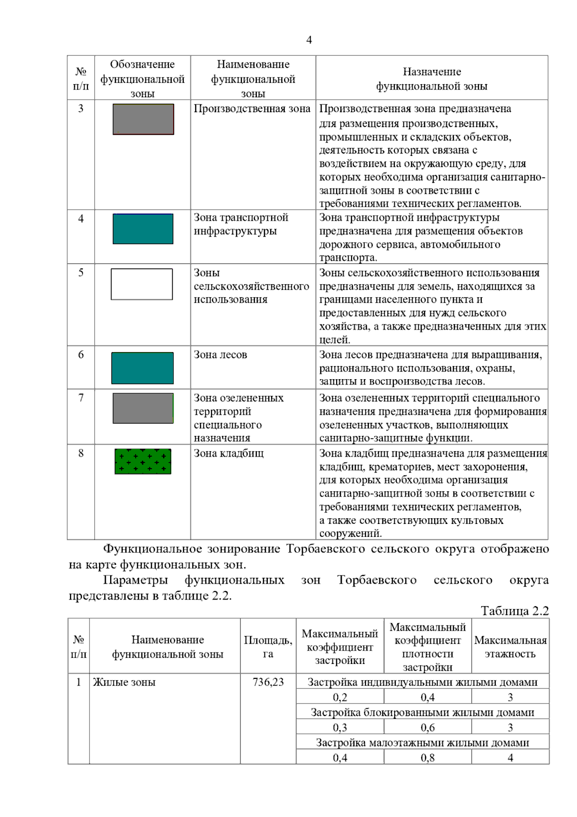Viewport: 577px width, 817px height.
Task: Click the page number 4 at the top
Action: coord(309,40)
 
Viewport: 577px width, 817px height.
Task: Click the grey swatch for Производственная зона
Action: coord(143,119)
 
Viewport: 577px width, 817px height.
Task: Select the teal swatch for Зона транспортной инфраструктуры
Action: coord(143,229)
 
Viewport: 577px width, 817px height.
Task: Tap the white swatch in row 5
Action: coord(142,284)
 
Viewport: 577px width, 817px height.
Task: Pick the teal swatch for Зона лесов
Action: coord(142,368)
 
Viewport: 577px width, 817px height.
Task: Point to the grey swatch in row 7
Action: coord(143,408)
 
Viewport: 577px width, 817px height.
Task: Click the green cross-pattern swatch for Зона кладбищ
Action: coord(143,461)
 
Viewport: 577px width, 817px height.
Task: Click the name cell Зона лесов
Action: coord(220,355)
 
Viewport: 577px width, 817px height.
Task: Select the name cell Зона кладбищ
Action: coord(228,453)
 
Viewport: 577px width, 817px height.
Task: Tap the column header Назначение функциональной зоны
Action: coord(431,79)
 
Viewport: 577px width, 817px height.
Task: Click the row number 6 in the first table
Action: coord(81,355)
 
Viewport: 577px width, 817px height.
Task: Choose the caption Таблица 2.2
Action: coord(514,611)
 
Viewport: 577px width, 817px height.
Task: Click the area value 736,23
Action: coord(268,682)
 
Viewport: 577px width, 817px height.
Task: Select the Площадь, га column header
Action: coord(268,647)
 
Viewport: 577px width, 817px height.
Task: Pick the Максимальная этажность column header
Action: coord(510,647)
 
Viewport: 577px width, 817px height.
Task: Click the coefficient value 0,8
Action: coord(427,758)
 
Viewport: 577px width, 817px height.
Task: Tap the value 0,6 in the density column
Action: coord(427,728)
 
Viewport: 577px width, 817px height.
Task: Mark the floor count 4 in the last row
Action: coord(510,758)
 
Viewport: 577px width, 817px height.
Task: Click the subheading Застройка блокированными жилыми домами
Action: coord(422,713)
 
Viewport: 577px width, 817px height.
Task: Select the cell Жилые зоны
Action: coord(124,682)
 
